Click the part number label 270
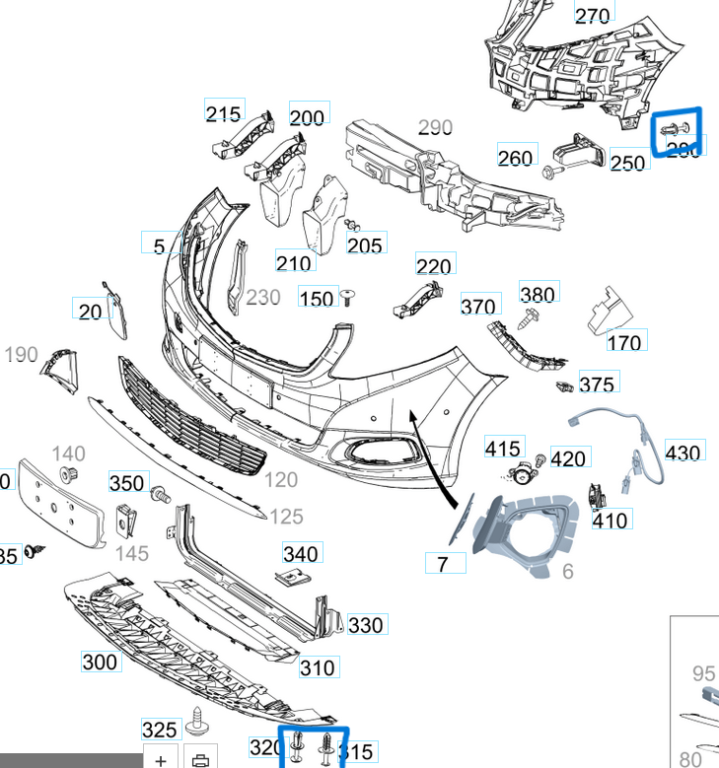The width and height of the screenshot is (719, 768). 592,15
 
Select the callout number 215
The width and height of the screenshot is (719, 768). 224,112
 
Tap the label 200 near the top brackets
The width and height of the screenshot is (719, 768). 307,117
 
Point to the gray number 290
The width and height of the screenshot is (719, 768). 435,127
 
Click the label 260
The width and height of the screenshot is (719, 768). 515,157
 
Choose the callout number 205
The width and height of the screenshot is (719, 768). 365,244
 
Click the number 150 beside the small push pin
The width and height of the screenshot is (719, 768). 317,298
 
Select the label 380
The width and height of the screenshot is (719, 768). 538,294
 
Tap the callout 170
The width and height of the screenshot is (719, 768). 624,342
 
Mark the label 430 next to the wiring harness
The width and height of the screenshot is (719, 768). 683,452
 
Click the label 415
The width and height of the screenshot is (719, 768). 503,449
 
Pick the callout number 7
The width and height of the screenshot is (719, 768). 444,563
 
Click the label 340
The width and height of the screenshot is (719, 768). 301,553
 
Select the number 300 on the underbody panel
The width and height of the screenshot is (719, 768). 100,662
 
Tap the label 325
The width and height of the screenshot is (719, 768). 160,730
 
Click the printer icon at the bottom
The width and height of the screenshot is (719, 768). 201,760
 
